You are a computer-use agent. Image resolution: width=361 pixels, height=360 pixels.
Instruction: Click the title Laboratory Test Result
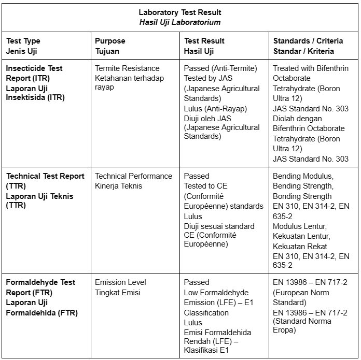[179, 12]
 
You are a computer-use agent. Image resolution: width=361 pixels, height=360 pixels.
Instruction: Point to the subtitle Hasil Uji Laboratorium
[179, 22]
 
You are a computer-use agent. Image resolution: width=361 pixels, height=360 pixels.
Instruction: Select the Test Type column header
[23, 41]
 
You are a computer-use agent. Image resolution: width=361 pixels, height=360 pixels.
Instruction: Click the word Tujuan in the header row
[107, 51]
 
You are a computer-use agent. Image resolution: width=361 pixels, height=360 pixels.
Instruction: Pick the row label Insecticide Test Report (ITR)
[35, 73]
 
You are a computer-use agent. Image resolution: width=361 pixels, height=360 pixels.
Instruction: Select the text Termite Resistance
[127, 68]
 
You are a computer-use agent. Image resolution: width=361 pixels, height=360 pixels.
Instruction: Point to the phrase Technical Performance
[133, 176]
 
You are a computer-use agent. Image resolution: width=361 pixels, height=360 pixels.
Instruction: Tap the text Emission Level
[120, 282]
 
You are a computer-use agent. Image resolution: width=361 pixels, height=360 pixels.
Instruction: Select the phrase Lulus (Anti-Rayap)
[215, 108]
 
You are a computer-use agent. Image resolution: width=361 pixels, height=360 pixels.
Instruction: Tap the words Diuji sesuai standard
[219, 226]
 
